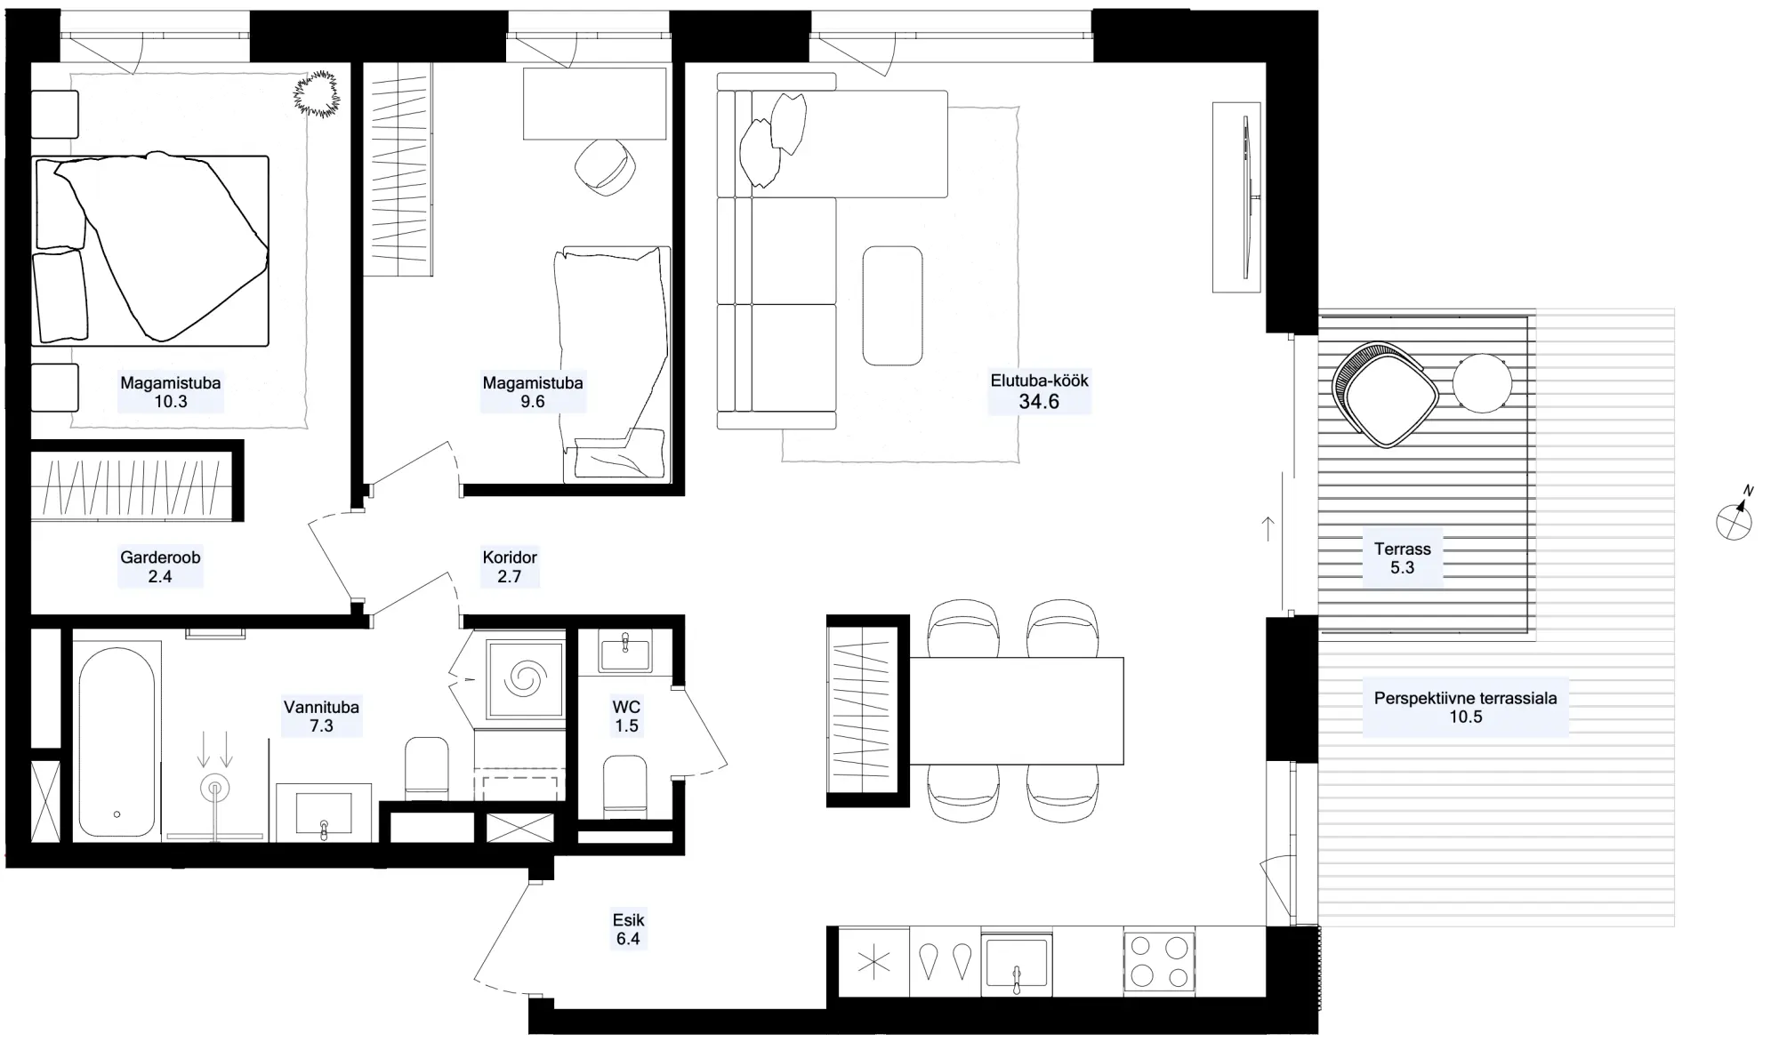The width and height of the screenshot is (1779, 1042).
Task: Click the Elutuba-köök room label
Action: [x=1039, y=381]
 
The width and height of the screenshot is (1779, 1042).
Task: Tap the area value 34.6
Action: [x=1039, y=402]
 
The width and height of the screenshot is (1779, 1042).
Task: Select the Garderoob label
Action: [x=160, y=557]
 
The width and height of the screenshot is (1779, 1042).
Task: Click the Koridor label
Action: [x=510, y=557]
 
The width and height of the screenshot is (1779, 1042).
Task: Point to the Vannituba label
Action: [x=321, y=708]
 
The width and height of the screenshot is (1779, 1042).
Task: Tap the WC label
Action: [x=626, y=708]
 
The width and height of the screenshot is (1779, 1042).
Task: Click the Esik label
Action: [x=628, y=920]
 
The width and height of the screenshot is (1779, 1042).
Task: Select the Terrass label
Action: [x=1402, y=549]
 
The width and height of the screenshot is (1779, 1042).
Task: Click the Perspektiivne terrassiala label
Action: [x=1465, y=699]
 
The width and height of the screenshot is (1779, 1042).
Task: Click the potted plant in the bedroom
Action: [x=316, y=92]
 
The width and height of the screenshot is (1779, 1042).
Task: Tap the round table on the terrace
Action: [x=1482, y=383]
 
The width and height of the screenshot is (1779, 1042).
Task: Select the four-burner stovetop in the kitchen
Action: [x=1159, y=962]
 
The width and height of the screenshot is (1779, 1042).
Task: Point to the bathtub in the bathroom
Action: [x=117, y=742]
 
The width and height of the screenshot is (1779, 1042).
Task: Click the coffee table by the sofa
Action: [x=892, y=305]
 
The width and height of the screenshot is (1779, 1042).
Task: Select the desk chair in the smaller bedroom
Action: [x=605, y=167]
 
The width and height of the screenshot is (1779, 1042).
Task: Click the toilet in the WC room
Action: [x=624, y=787]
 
